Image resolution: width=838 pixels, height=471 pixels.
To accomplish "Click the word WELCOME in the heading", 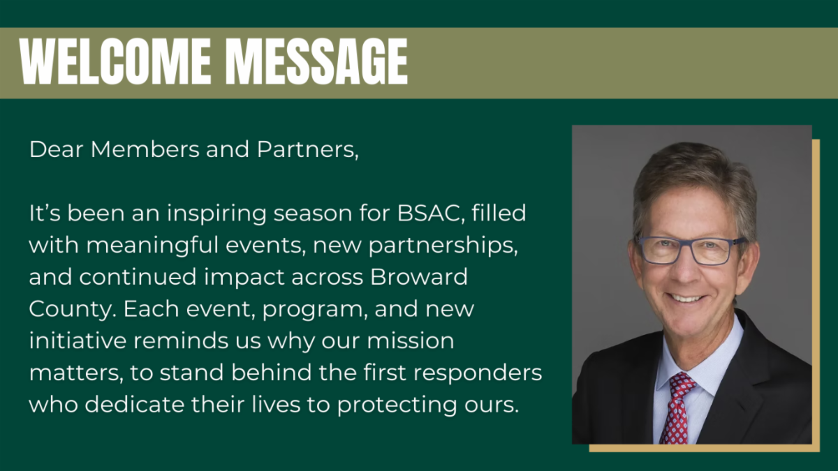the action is click(x=115, y=61).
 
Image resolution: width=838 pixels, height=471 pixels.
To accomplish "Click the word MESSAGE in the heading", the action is click(x=316, y=61).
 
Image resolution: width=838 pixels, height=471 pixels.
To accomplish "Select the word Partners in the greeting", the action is click(x=307, y=150).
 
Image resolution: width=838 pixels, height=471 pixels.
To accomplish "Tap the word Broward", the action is click(x=419, y=277).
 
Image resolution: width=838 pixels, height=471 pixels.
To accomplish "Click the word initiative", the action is click(x=78, y=341).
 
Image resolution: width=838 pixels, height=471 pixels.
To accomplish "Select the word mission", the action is click(x=410, y=341).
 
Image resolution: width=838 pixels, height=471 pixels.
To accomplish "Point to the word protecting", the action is click(x=397, y=405).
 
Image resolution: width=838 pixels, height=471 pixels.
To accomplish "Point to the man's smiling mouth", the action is click(x=686, y=298).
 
